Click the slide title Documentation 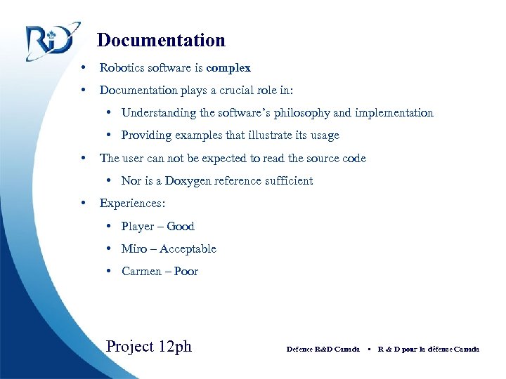tap(161, 41)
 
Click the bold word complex tap(228, 68)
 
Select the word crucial tap(238, 91)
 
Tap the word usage tap(322, 135)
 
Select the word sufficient tap(286, 181)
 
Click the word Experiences tap(131, 204)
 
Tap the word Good tap(181, 227)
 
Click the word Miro tap(134, 249)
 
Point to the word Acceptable tap(188, 249)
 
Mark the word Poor tap(186, 272)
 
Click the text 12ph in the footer tap(174, 347)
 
